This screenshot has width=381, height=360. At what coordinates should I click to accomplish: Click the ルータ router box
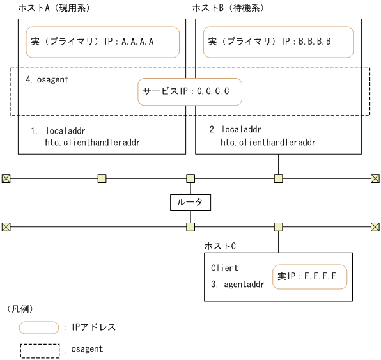pos(190,202)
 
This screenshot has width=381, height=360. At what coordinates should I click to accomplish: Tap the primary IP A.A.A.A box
pos(102,42)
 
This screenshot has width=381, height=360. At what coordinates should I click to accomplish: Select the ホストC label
pos(219,246)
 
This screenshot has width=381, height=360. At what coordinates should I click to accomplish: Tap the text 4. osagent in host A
pos(47,80)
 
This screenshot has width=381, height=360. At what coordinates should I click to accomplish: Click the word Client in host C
pos(224,268)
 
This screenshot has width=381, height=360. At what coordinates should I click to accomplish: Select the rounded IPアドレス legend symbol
pos(40,327)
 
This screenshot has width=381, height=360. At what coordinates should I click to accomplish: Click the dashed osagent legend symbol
pos(40,350)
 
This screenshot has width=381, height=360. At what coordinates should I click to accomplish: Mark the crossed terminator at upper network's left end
pos(6,178)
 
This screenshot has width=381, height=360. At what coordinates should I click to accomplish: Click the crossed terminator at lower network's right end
pos(375,226)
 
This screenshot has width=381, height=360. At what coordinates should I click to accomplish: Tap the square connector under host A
pos(102,178)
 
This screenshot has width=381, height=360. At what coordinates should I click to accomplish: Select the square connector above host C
pos(278,226)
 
